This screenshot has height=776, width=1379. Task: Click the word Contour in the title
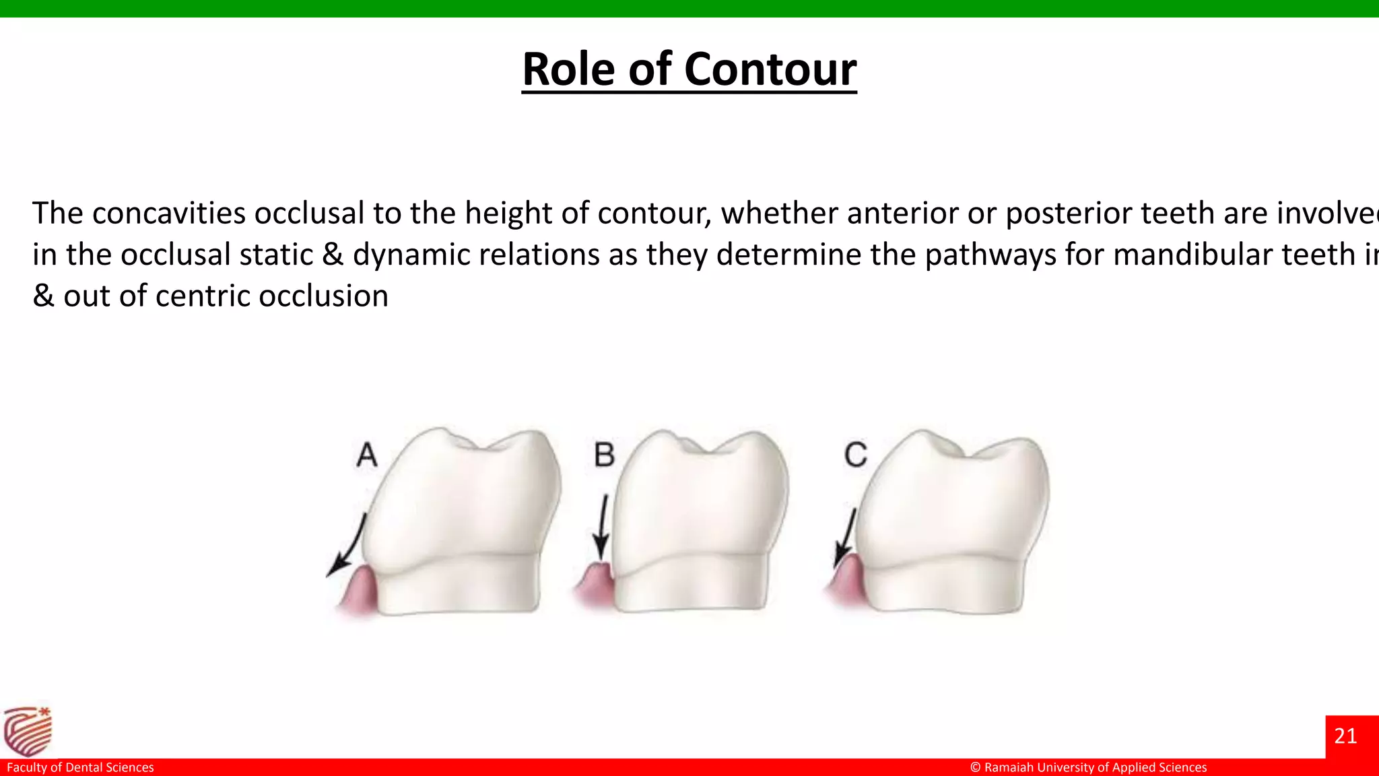pyautogui.click(x=770, y=69)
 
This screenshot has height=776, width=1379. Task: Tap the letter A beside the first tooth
pyautogui.click(x=367, y=455)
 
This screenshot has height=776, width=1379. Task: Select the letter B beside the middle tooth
pyautogui.click(x=604, y=455)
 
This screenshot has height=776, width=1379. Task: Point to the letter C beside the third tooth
pyautogui.click(x=856, y=455)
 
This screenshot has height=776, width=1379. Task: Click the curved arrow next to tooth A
pyautogui.click(x=349, y=546)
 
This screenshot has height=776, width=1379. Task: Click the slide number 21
pyautogui.click(x=1345, y=736)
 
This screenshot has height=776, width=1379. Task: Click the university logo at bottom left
pyautogui.click(x=28, y=732)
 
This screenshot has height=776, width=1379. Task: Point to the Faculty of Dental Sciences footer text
pyautogui.click(x=80, y=767)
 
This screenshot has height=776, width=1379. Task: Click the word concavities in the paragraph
pyautogui.click(x=169, y=214)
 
